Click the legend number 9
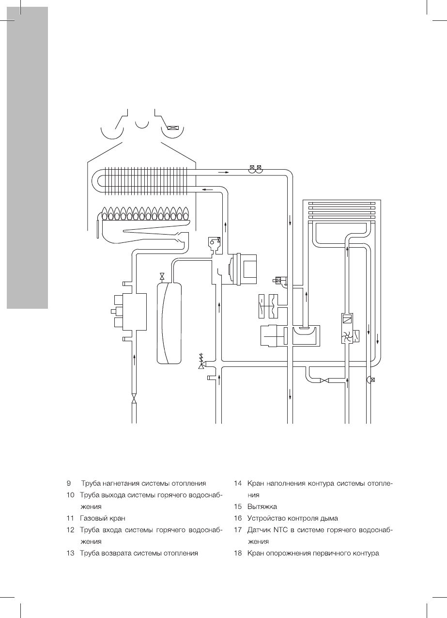click(x=69, y=483)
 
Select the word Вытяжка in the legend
click(x=262, y=507)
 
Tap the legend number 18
click(x=237, y=553)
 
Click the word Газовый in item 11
click(x=95, y=518)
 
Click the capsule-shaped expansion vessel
click(x=169, y=322)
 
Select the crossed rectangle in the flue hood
click(x=172, y=128)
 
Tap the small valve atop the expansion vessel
click(x=162, y=276)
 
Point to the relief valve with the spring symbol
click(x=201, y=362)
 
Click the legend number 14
click(x=237, y=483)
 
